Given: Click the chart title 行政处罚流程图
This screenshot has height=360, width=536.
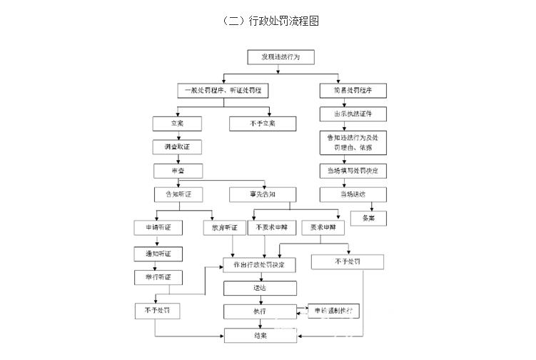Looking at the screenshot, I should click(x=270, y=21).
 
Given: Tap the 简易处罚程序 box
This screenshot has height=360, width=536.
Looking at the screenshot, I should click(x=353, y=91).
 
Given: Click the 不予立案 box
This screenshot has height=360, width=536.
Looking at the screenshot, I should click(x=253, y=124).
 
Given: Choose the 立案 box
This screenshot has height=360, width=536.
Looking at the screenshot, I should click(x=177, y=124).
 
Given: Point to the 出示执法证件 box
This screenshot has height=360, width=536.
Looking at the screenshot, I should click(x=353, y=114).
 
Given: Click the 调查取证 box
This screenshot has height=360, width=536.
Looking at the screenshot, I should click(x=177, y=147).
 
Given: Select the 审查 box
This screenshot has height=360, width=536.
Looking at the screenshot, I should click(x=177, y=171).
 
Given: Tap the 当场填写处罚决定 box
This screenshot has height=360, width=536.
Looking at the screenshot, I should click(x=353, y=171).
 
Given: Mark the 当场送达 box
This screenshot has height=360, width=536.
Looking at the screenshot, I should click(x=353, y=194).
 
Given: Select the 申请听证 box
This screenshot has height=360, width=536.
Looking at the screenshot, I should click(x=158, y=229).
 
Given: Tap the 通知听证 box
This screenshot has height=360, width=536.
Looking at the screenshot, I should click(x=158, y=254).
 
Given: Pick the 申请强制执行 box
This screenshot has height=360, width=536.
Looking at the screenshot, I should click(x=333, y=311).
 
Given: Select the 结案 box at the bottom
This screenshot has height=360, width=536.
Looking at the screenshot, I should click(x=260, y=335).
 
